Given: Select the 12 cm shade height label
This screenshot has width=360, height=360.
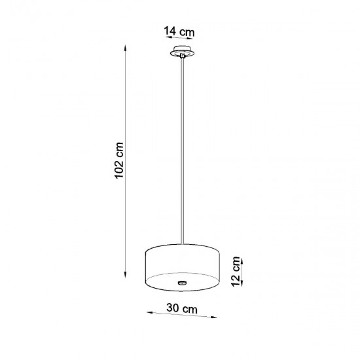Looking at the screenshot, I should tap(236, 270).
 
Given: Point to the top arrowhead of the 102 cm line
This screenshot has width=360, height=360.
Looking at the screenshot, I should tap(124, 46).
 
